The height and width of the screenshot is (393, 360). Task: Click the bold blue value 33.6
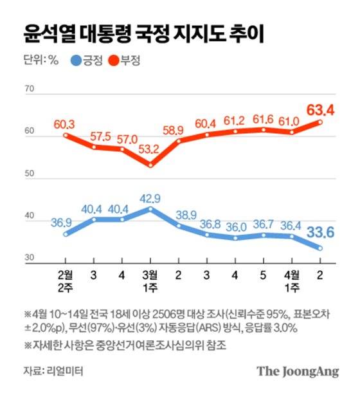pos(319,233)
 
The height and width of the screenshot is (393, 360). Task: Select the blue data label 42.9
pos(150,197)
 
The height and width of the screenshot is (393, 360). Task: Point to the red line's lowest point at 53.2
pos(150,165)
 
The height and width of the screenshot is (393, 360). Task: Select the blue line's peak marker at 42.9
pos(150,208)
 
